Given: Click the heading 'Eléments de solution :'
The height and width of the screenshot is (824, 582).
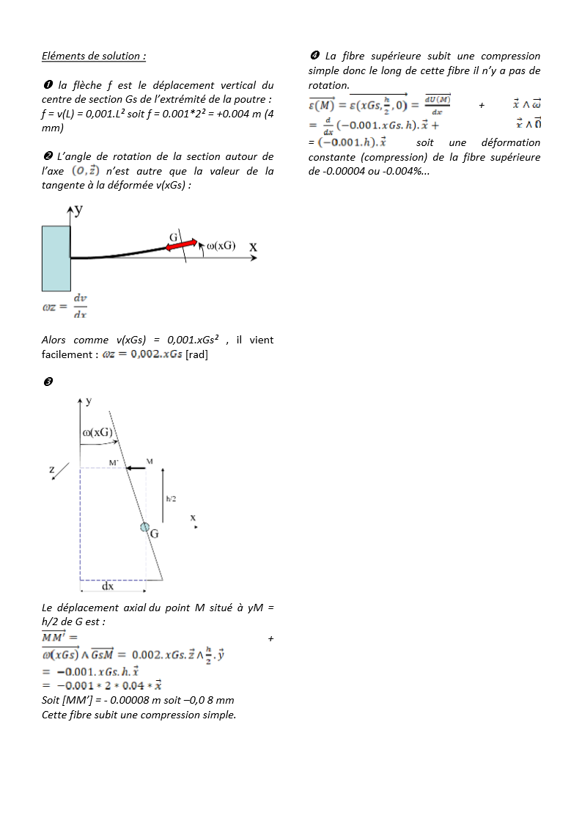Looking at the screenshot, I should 94,56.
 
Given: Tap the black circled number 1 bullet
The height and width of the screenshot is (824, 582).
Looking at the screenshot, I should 47,86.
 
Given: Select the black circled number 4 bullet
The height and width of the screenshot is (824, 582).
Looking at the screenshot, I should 314,56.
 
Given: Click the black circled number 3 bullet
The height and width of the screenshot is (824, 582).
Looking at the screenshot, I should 47,383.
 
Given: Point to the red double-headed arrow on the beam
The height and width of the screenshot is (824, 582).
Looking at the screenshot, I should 181,246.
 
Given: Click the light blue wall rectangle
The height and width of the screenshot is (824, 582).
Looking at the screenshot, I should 56,258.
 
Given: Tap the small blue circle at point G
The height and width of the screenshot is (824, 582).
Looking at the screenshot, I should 144,527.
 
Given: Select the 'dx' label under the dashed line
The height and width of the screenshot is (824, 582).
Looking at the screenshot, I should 108,587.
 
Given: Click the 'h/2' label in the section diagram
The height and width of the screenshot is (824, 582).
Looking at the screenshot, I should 171,499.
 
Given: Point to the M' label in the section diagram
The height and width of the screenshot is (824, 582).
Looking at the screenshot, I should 114,462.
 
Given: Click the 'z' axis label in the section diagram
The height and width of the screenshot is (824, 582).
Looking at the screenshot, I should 52,470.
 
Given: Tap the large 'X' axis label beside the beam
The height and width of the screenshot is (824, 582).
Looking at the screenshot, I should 253,248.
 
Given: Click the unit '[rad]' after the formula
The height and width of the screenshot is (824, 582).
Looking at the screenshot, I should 197,354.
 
